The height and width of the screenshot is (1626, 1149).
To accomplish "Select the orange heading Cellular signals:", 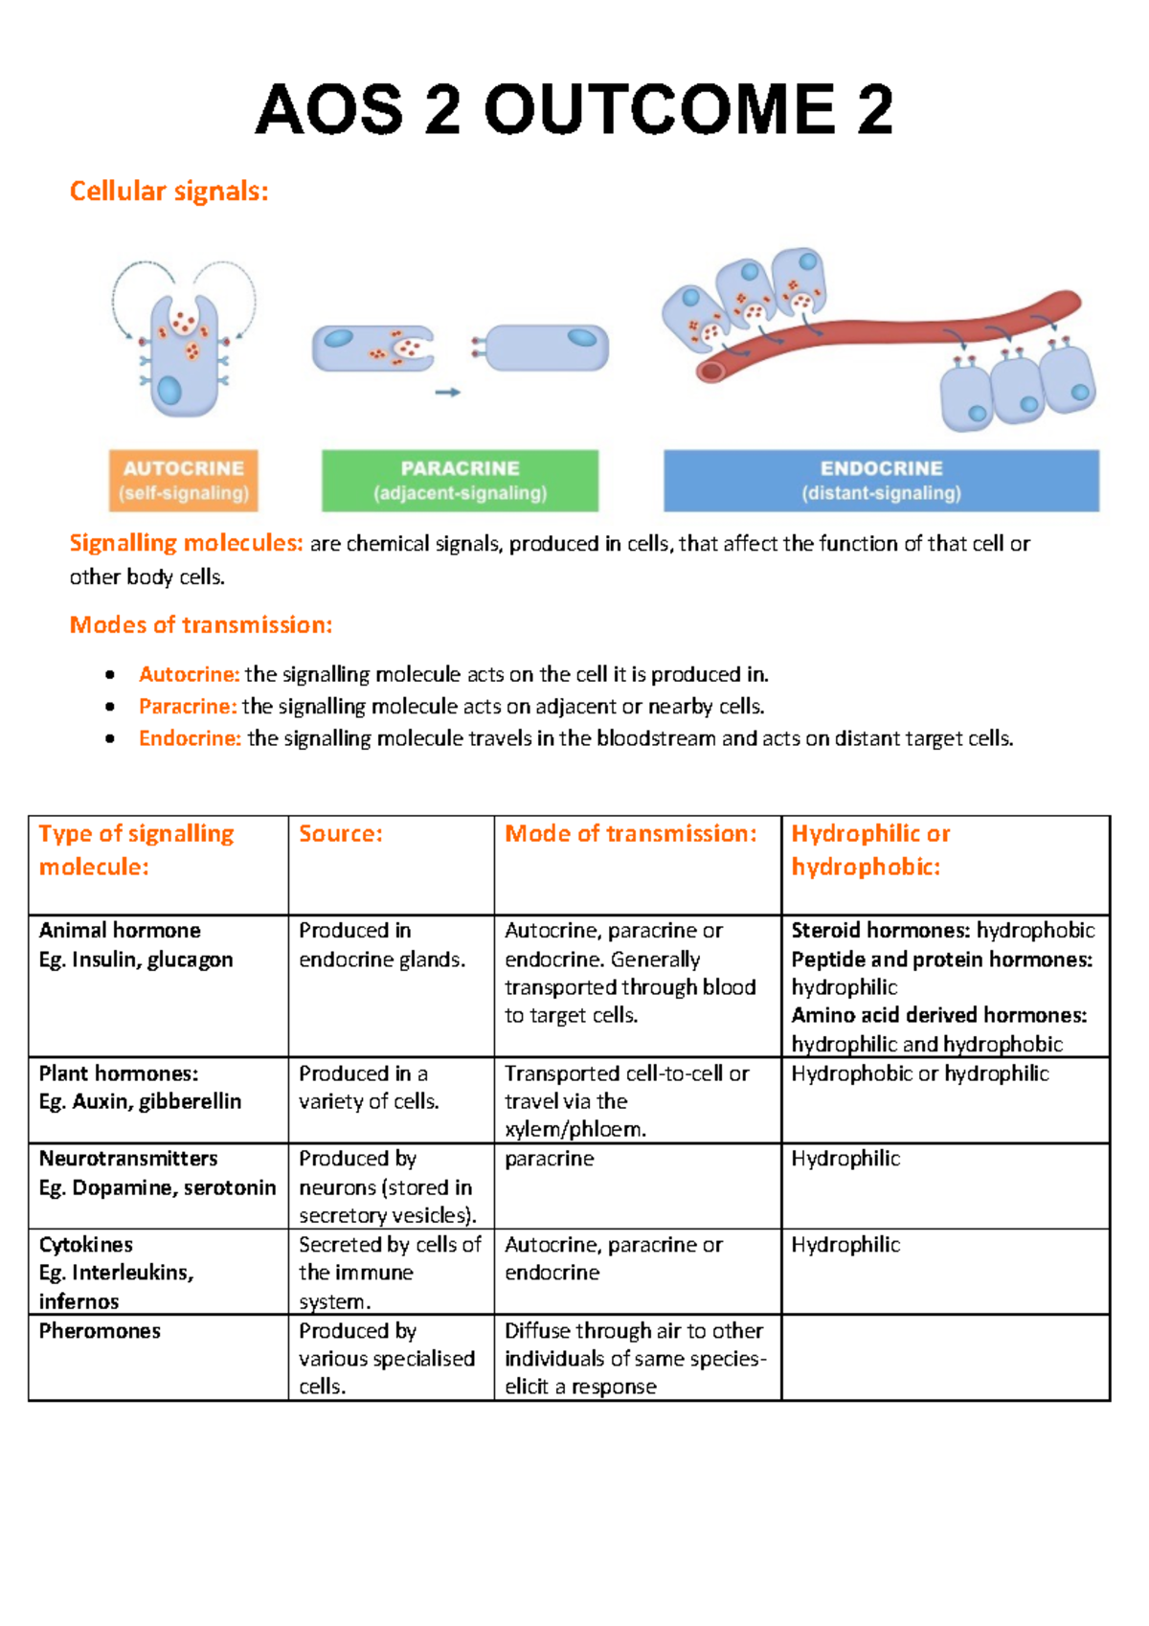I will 169,192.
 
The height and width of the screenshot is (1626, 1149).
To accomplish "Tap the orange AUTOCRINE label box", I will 184,481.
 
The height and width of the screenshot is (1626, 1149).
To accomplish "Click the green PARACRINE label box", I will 460,481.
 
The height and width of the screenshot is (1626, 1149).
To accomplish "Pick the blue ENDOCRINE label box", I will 881,481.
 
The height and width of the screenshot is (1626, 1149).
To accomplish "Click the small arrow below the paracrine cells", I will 448,392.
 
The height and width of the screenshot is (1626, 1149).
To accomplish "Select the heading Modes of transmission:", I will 201,625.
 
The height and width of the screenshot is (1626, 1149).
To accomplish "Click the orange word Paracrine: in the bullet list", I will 188,707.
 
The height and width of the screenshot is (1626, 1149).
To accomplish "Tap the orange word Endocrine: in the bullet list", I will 190,738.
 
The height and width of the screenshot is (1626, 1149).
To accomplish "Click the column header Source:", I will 341,834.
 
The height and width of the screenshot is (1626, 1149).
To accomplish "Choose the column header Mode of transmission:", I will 631,834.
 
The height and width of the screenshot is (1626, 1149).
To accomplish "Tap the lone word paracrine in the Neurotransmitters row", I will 549,1159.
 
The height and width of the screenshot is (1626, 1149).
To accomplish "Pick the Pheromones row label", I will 100,1331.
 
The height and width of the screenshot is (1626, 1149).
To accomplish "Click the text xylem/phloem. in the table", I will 574,1129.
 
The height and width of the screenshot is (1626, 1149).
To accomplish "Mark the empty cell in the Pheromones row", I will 944,1358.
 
